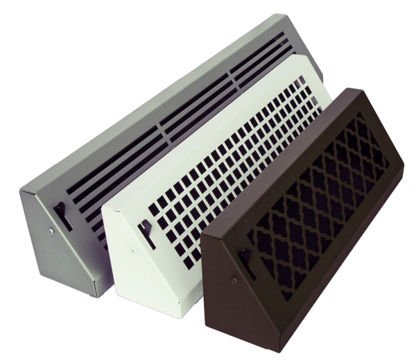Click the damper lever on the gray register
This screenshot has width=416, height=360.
[x=63, y=215]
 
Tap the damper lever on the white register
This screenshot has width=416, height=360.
[x=148, y=234]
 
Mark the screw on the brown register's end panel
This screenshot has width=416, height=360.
[x=234, y=280]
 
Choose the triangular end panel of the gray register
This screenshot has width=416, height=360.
[x=62, y=243]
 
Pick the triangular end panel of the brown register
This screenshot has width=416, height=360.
[x=239, y=291]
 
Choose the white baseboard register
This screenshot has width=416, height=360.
[x=208, y=173]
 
